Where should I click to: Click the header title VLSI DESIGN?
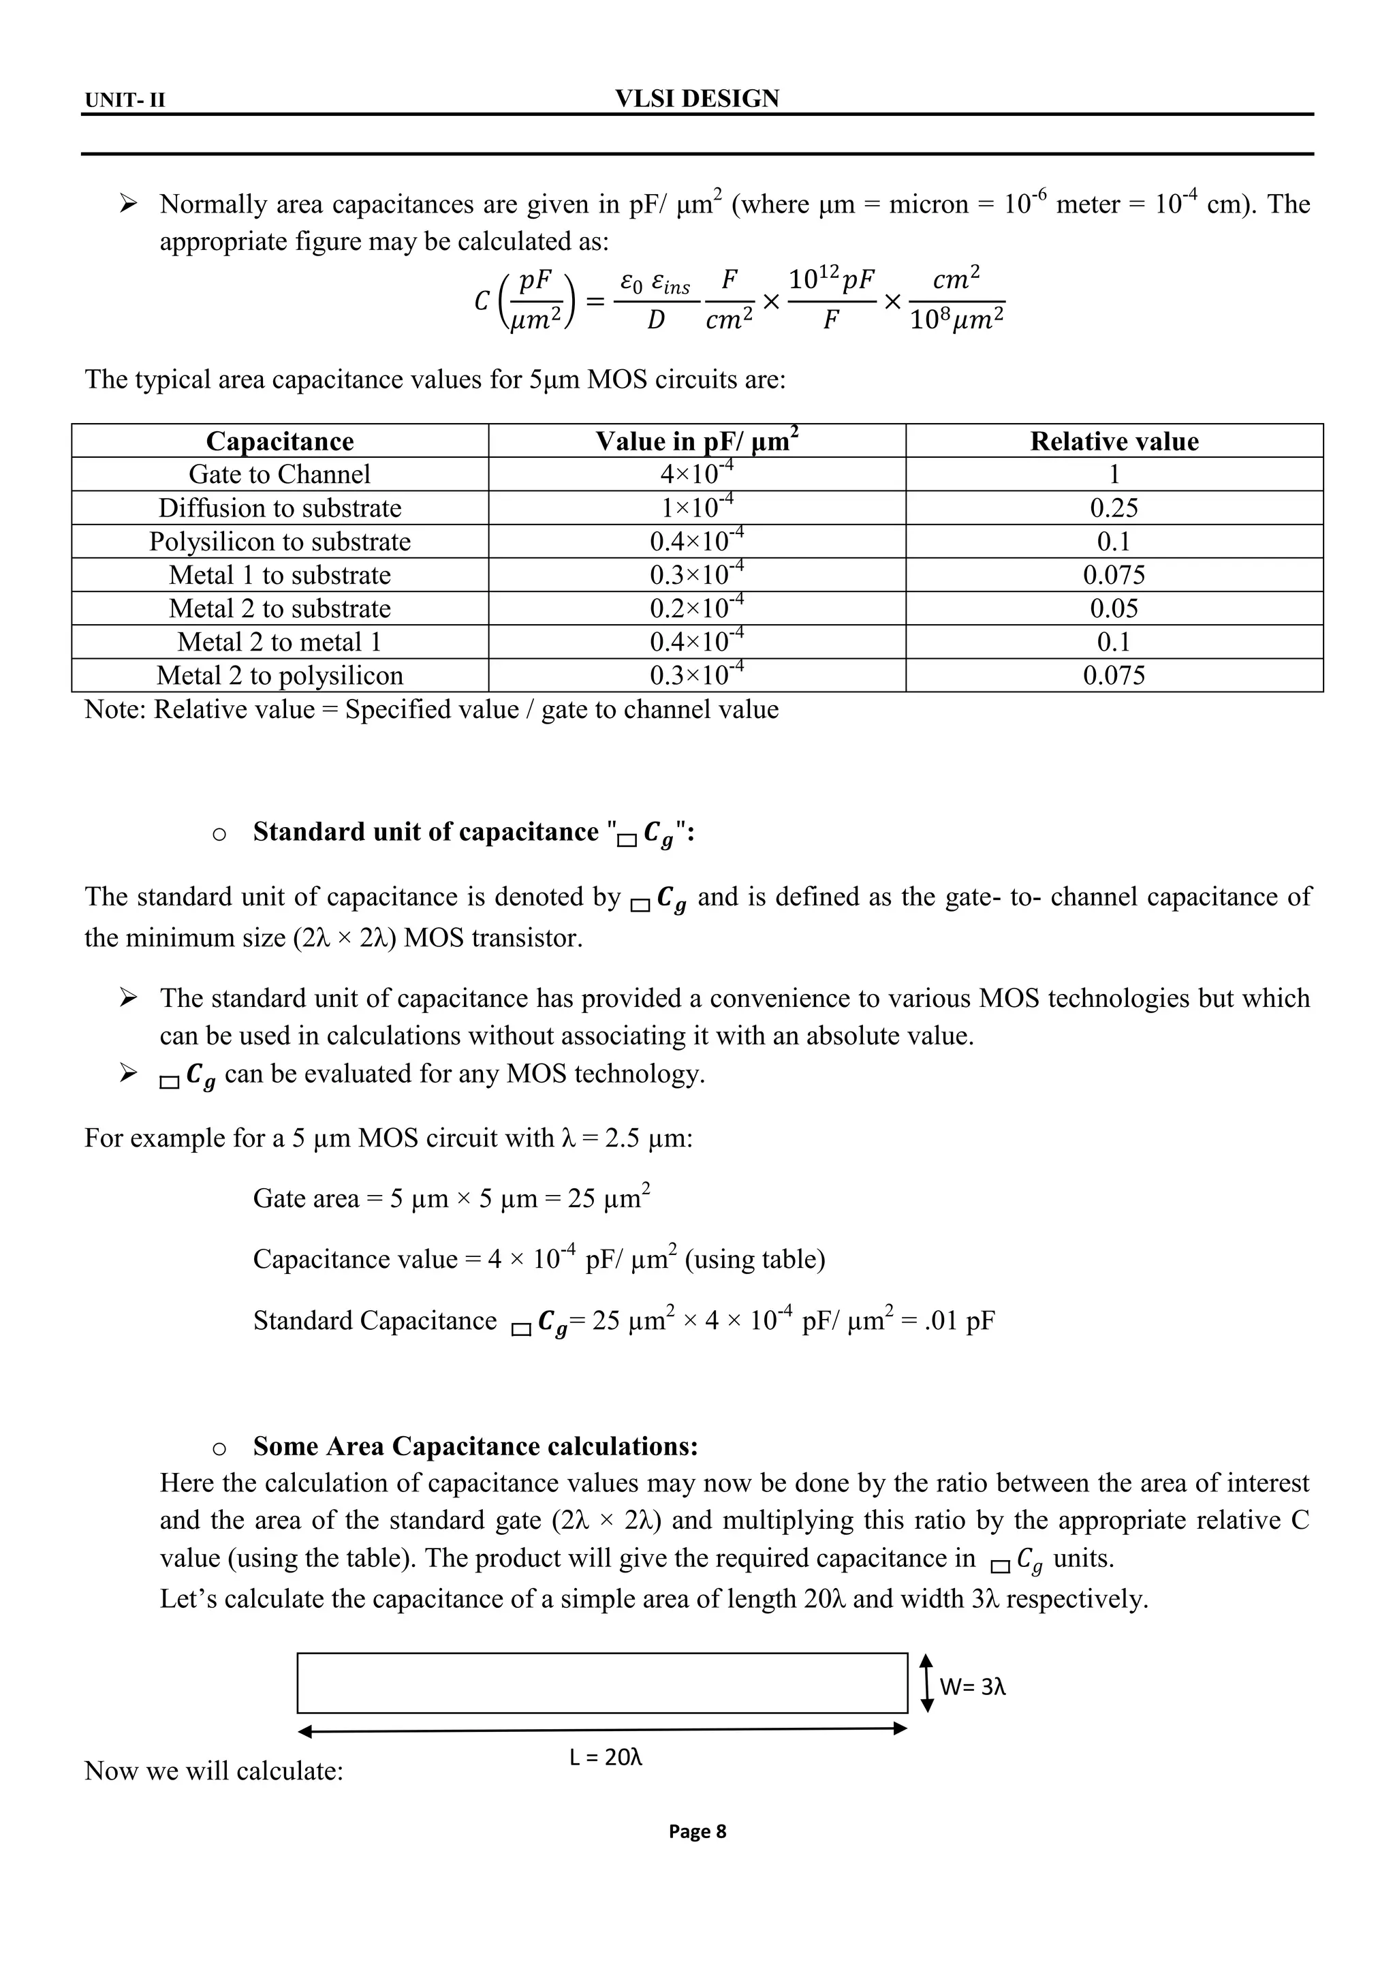(697, 99)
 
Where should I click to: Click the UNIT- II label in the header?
(125, 101)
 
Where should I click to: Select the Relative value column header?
(1114, 441)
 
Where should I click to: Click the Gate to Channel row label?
(279, 474)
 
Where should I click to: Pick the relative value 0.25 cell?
(1114, 508)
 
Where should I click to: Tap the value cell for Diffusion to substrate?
(697, 507)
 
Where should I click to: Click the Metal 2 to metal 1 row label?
(279, 642)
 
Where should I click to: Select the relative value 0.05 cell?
(1114, 608)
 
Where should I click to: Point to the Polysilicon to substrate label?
(279, 542)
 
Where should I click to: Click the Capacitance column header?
(279, 441)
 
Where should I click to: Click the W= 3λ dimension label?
(973, 1687)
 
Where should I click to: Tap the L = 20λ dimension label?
(606, 1757)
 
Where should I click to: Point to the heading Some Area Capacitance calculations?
(475, 1446)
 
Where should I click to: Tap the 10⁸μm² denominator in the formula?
(956, 320)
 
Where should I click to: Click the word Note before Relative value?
(114, 710)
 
